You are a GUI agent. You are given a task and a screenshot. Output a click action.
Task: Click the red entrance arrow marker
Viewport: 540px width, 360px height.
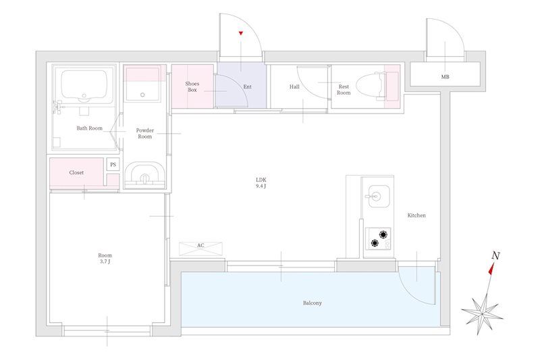[241, 33]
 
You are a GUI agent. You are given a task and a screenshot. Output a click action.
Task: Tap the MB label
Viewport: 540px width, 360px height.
[445, 77]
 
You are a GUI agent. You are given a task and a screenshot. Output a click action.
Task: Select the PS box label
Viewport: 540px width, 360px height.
[113, 165]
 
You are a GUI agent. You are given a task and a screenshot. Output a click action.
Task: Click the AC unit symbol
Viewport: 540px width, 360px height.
[200, 249]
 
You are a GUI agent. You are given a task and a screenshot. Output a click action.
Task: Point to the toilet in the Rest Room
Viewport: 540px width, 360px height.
[370, 85]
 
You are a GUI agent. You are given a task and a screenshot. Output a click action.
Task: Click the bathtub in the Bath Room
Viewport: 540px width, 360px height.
[84, 86]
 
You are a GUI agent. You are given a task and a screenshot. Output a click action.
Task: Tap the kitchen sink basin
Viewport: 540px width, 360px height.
[379, 197]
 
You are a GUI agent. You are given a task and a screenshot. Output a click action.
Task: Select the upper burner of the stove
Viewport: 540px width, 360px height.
[383, 234]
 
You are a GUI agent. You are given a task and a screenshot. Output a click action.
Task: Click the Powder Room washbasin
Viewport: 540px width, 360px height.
[144, 176]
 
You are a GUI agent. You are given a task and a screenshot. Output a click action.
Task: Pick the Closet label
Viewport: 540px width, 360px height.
[76, 173]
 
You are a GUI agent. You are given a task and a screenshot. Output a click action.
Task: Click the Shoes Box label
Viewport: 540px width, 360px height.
[192, 87]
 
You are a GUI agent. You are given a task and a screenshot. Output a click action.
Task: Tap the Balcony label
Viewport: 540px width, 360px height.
[313, 303]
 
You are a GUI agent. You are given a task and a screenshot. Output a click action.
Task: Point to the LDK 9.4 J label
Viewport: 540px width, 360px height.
[261, 183]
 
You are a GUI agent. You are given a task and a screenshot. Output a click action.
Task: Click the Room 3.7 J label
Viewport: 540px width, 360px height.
[105, 259]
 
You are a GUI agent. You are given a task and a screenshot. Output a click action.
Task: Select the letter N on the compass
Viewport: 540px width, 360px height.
[495, 255]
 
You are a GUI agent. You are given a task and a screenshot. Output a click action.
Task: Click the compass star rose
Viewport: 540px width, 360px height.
[482, 311]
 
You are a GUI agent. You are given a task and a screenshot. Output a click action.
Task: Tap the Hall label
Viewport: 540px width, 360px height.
[294, 87]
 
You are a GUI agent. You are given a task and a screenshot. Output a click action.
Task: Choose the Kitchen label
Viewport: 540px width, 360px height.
[416, 215]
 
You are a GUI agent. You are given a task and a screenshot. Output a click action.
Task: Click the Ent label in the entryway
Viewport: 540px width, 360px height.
[247, 87]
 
